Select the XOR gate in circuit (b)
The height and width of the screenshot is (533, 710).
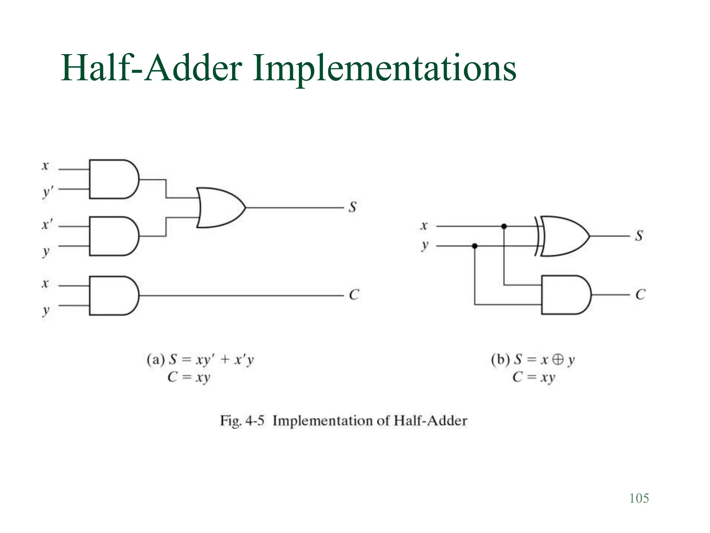point(563,236)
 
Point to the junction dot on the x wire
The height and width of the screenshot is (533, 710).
point(504,226)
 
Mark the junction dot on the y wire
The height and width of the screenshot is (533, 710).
point(475,246)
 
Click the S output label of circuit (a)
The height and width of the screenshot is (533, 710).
point(353,207)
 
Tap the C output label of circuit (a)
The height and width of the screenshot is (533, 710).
point(354,295)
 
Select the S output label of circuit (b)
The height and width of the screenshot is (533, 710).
point(639,236)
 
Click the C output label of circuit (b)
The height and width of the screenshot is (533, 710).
point(640,295)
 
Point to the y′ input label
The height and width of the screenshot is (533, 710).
point(47,192)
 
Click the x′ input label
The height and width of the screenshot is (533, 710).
point(47,225)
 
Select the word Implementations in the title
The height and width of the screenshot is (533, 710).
point(384,68)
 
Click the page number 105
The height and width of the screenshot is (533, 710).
point(639,498)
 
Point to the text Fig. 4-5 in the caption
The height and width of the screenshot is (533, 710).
point(242,421)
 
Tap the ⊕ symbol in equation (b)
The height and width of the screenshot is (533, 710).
point(558,359)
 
